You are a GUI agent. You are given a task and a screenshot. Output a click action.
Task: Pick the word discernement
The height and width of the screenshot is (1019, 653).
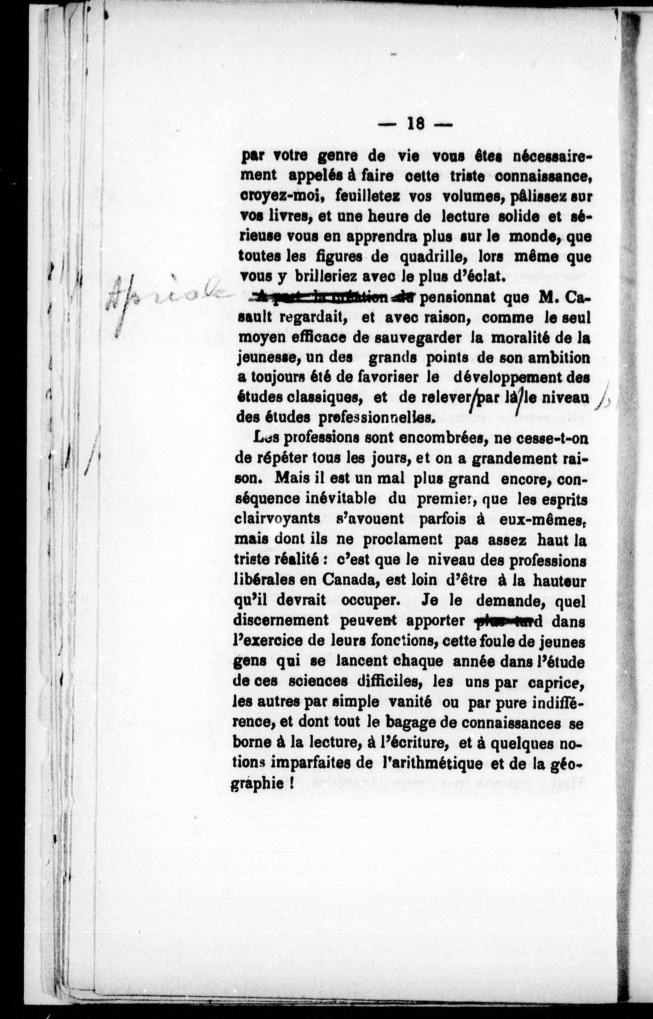(x=281, y=620)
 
